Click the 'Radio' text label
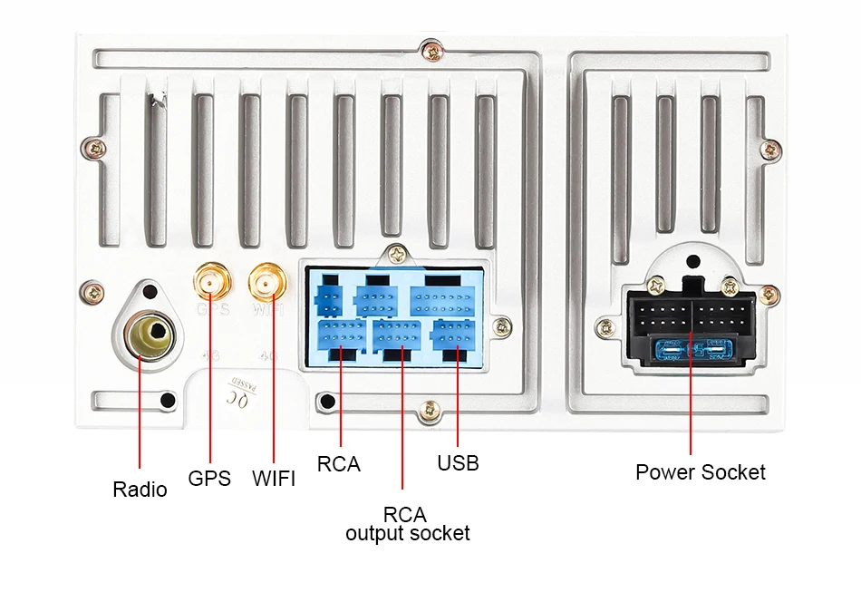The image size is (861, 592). click(x=140, y=490)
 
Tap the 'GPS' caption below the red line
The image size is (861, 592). click(x=209, y=478)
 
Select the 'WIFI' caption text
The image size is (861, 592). click(x=274, y=478)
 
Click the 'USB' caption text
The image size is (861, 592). click(x=458, y=463)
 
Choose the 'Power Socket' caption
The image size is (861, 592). click(x=700, y=472)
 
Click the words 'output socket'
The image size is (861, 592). click(x=407, y=533)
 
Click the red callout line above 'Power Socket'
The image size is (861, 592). click(x=691, y=408)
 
